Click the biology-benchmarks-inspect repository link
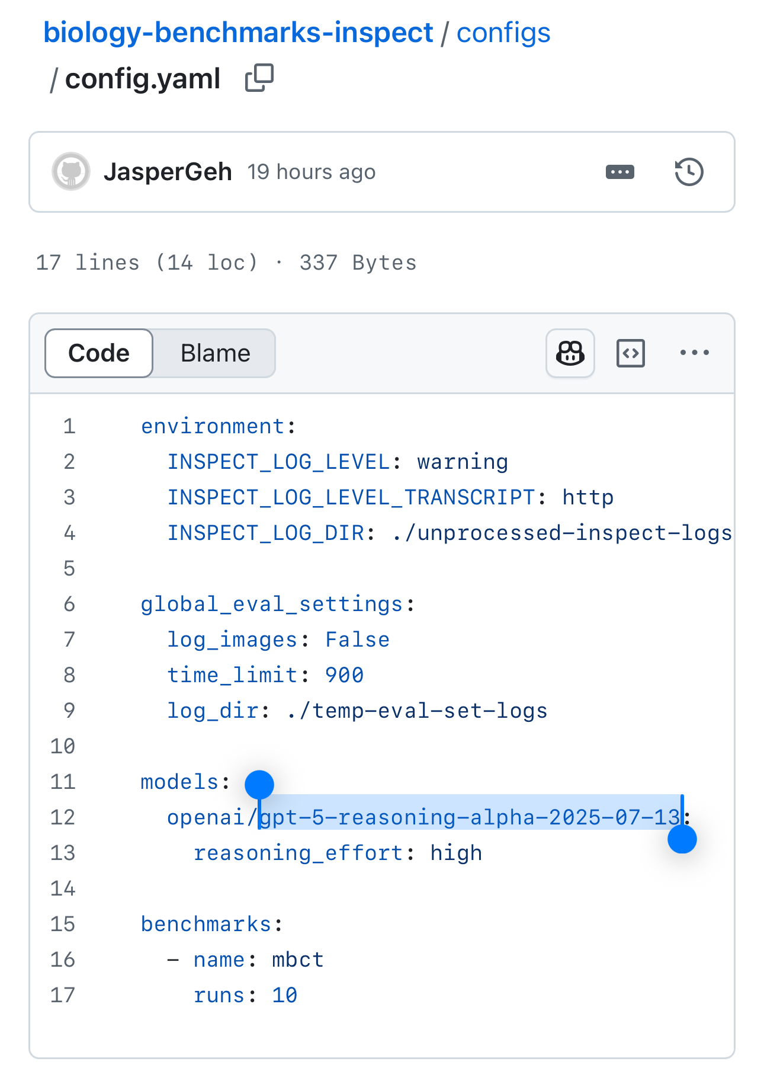238,33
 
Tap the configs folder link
503,33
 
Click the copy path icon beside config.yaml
259,78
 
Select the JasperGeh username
168,172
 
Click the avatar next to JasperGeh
71,172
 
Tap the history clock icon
689,172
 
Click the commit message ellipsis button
620,172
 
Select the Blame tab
215,353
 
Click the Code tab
99,353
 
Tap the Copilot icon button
570,353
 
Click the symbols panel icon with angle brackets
631,353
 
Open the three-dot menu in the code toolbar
695,353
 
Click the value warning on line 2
463,462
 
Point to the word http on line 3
588,497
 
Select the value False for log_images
357,640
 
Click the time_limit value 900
344,675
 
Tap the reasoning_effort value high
456,853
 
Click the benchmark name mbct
298,960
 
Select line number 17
63,995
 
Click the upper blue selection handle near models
259,785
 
